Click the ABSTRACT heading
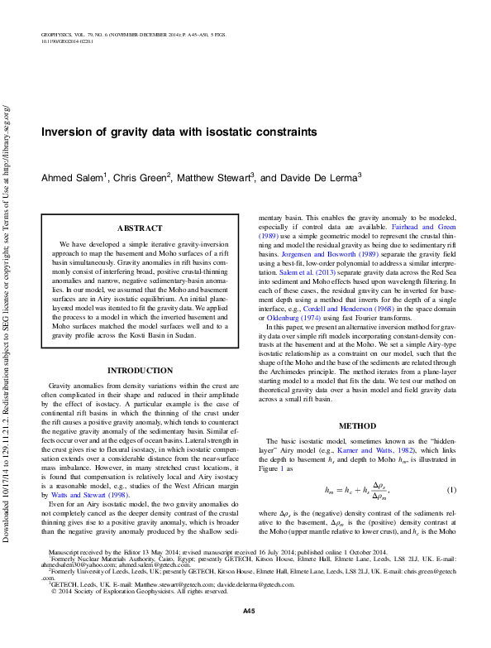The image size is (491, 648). point(139,228)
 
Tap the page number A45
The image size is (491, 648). point(248,634)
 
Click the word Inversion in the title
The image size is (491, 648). point(69,132)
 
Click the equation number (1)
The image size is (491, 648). point(451,492)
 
